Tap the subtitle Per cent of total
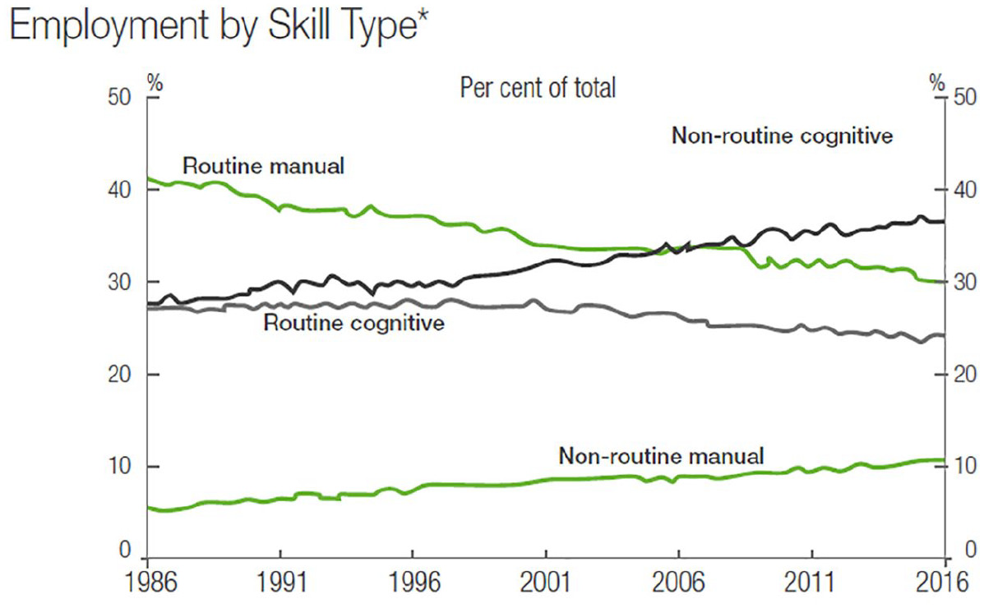pyautogui.click(x=538, y=87)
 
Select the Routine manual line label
pyautogui.click(x=262, y=165)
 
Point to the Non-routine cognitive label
pyautogui.click(x=782, y=136)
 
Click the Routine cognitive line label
pyautogui.click(x=353, y=322)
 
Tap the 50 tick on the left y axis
pyautogui.click(x=119, y=98)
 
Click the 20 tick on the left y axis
pyautogui.click(x=119, y=375)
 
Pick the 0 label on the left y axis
pyautogui.click(x=125, y=549)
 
